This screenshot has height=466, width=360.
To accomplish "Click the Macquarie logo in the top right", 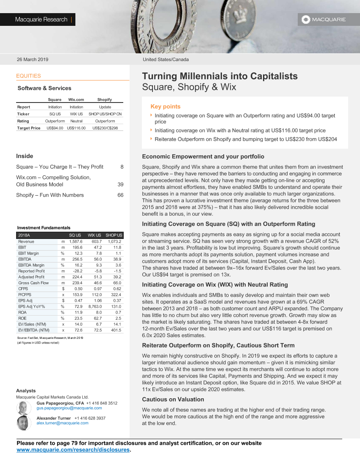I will (x=323, y=19).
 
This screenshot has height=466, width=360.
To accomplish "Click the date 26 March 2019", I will (x=33, y=60).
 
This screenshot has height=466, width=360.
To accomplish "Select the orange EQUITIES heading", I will (x=28, y=76).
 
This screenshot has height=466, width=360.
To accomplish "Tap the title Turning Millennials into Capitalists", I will (x=220, y=76).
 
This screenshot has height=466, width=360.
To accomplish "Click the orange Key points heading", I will (x=165, y=107).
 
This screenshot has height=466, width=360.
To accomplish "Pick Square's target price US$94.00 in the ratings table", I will (x=55, y=128).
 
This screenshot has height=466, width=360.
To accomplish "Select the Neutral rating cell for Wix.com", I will (x=76, y=121).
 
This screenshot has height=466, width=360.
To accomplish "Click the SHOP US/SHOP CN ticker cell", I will (x=105, y=114).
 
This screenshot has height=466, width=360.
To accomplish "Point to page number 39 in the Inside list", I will (x=120, y=185).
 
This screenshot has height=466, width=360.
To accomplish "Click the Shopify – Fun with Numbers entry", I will (x=50, y=195).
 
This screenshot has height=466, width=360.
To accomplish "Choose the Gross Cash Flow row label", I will (x=33, y=283).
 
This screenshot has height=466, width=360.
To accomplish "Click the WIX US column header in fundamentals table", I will (x=94, y=235).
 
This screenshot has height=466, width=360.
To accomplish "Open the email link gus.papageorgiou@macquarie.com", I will (x=69, y=408).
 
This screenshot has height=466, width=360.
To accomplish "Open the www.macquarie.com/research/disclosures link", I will (x=73, y=450).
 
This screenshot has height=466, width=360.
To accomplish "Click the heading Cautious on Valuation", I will (x=173, y=399).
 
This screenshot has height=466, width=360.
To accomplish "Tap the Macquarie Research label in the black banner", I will (x=41, y=19).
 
